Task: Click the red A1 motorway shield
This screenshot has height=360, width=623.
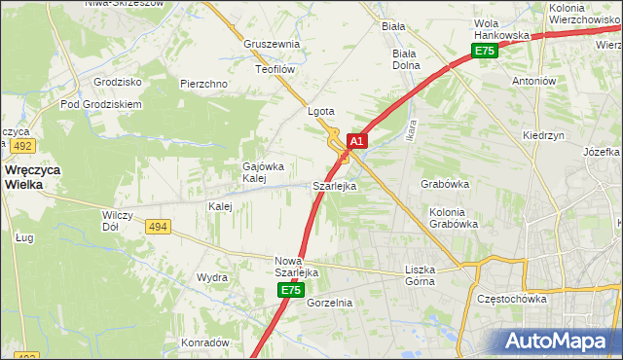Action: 356,141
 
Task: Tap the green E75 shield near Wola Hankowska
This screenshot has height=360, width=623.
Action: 485,52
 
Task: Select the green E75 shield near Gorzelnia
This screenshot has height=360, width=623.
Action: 290,291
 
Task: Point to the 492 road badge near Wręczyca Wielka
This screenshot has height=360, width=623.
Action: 23,145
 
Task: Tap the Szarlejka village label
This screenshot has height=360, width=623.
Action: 334,185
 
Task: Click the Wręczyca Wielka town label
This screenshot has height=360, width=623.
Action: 33,176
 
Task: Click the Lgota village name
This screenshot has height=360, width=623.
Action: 321,111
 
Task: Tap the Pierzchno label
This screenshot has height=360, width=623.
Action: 203,84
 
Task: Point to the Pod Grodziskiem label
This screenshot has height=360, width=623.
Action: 101,104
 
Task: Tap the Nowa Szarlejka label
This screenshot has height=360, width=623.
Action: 297,267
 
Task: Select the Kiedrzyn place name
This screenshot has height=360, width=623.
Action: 543,136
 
